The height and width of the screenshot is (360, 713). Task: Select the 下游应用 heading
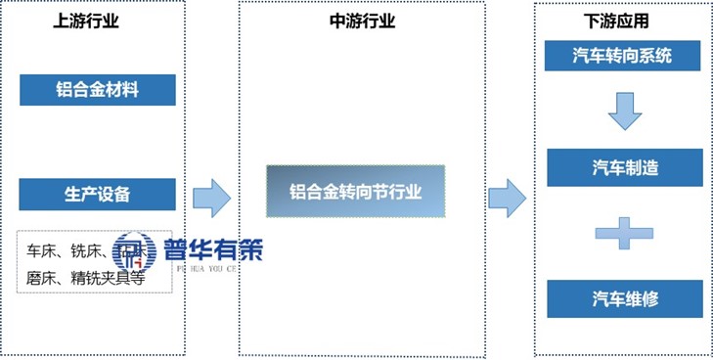click(623, 21)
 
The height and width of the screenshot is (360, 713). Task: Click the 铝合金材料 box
click(97, 90)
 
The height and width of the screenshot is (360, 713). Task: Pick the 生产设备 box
click(97, 194)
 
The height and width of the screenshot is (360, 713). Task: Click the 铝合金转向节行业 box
click(356, 191)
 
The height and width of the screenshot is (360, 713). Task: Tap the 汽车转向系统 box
click(623, 56)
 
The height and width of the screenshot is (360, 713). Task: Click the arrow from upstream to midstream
click(210, 199)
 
